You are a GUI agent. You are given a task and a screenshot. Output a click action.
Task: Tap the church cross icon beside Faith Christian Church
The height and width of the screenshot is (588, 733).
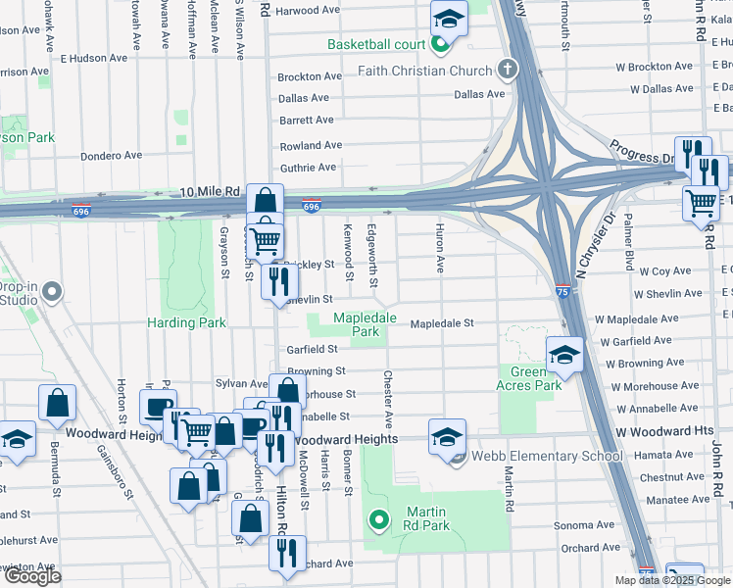[x=506, y=70]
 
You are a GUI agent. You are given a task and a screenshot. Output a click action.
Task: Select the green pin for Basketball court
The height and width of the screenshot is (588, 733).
[x=440, y=44]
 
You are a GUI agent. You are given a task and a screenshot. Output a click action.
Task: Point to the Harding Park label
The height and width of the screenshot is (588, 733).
[x=186, y=322]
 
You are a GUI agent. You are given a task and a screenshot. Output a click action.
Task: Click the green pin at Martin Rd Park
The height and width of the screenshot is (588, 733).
[x=377, y=519]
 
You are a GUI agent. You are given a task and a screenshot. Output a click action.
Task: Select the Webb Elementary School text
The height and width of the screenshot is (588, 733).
[x=547, y=456]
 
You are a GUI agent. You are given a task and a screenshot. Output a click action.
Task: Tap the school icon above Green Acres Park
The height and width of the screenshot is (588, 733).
[x=563, y=356]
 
